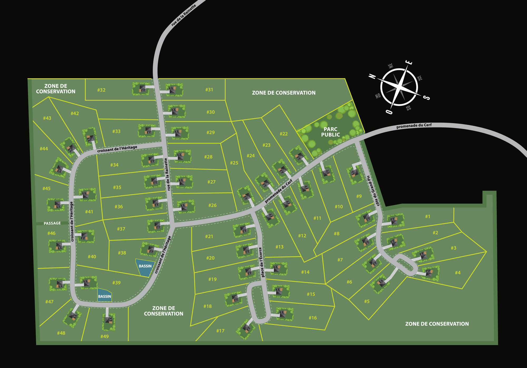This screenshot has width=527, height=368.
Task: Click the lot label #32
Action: tap(101, 90)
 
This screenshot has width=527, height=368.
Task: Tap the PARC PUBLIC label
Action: tap(330, 132)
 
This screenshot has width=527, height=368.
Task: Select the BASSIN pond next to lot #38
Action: tap(145, 267)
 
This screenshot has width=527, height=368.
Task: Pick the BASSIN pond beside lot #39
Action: tap(105, 296)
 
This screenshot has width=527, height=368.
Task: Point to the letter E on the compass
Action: tap(409, 62)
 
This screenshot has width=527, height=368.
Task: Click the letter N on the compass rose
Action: tap(372, 76)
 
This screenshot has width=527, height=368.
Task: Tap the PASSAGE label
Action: tap(52, 223)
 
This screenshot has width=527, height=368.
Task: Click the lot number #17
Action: tap(220, 331)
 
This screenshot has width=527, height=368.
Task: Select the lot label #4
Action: tap(458, 273)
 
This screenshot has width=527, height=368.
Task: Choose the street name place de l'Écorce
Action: tap(261, 262)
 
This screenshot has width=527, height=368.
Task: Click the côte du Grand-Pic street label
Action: tap(374, 191)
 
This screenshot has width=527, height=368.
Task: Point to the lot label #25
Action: tap(234, 163)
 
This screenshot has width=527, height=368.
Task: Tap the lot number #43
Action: tap(47, 118)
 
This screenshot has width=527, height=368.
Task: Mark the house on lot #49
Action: tap(109, 320)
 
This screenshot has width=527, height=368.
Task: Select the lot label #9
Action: tap(359, 196)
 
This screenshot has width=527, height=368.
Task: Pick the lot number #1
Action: tap(427, 216)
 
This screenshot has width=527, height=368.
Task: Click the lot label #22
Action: tap(284, 134)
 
